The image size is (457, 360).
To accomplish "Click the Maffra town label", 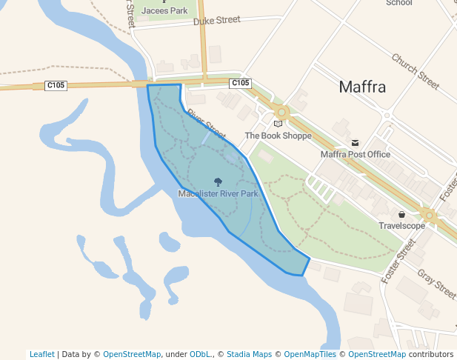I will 362,87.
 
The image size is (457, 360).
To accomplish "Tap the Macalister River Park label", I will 218,193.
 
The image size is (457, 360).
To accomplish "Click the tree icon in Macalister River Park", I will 218,181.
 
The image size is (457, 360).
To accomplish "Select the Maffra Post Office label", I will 355,154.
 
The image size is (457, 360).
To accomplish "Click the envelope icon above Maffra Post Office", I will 355,143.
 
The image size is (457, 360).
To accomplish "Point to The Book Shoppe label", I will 278,136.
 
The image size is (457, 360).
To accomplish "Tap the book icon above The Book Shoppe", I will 278,124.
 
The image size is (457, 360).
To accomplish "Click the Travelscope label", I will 401,225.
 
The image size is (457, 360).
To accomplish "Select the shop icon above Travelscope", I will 401,214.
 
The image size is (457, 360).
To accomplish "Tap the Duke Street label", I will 217,20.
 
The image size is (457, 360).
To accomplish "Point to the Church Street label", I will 416,67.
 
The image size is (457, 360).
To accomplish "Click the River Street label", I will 206,124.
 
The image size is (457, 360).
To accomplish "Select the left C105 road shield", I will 56,85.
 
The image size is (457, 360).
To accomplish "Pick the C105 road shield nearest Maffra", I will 240,83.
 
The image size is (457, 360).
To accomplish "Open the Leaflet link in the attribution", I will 41,354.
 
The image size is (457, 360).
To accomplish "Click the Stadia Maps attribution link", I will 248,354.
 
